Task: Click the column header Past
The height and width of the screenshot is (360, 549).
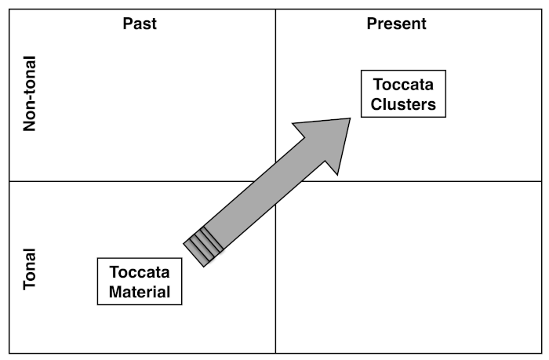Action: click(140, 24)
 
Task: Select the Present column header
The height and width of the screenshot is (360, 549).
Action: click(396, 24)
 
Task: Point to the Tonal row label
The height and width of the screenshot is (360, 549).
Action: click(30, 270)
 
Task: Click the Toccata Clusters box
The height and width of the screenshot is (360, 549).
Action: click(403, 94)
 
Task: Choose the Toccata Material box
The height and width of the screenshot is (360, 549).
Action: click(140, 282)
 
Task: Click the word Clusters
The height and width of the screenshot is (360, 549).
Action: click(403, 104)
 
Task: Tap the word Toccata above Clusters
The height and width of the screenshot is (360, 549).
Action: click(403, 85)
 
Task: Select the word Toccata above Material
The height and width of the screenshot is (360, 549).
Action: click(140, 273)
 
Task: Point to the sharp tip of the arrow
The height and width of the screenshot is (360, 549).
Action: click(349, 119)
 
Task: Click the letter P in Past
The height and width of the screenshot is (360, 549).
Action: click(127, 24)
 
